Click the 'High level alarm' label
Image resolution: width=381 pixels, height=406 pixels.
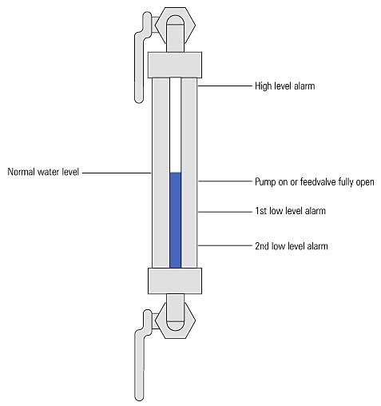pyautogui.click(x=285, y=86)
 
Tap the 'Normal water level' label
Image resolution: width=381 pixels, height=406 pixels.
pyautogui.click(x=43, y=172)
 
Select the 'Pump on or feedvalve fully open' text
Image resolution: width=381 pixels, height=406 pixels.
pyautogui.click(x=315, y=182)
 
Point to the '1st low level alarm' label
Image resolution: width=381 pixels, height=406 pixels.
pyautogui.click(x=290, y=211)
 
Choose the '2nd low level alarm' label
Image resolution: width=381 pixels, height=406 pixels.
pyautogui.click(x=292, y=246)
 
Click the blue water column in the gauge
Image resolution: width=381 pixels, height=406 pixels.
pyautogui.click(x=176, y=220)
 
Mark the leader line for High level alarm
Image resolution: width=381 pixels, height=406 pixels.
pyautogui.click(x=224, y=86)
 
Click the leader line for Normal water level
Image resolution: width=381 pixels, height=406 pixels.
pyautogui.click(x=117, y=173)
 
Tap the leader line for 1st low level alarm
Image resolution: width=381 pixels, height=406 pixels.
pyautogui.click(x=224, y=212)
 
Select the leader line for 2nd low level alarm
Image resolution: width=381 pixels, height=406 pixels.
pyautogui.click(x=224, y=245)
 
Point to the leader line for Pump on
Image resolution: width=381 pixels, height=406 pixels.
pyautogui.click(x=224, y=181)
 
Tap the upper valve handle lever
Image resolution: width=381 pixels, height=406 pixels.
pyautogui.click(x=139, y=66)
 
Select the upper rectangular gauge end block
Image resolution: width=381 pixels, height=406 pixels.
pyautogui.click(x=175, y=65)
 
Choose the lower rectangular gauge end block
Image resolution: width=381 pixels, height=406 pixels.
pyautogui.click(x=175, y=281)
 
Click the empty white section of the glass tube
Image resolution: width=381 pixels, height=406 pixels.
pyautogui.click(x=176, y=125)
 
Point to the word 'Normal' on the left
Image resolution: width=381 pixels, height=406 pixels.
pyautogui.click(x=22, y=172)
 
